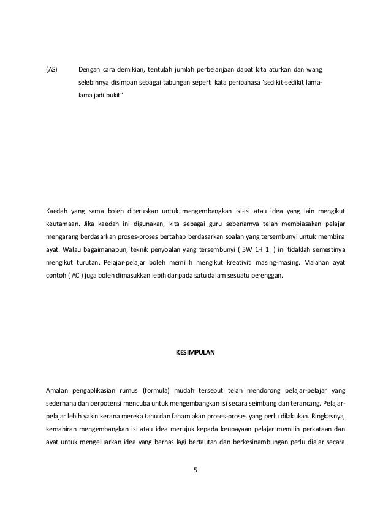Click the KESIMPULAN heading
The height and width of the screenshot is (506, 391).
click(x=191, y=337)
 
